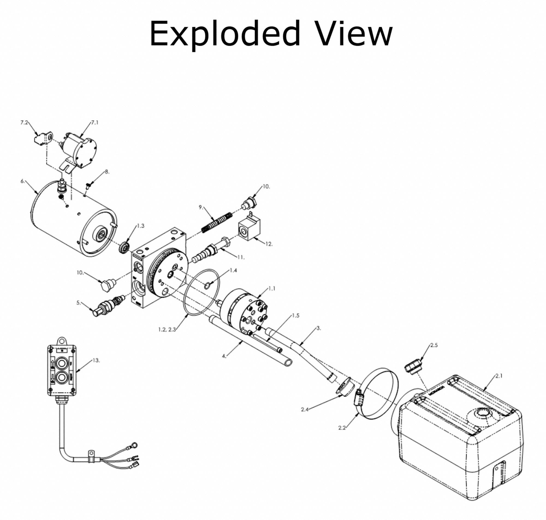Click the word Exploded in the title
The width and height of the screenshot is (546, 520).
tap(225, 34)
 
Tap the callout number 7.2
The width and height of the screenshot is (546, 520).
tap(24, 122)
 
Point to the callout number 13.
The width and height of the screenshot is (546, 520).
tap(96, 360)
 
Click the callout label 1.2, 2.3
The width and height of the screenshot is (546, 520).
tap(167, 330)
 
